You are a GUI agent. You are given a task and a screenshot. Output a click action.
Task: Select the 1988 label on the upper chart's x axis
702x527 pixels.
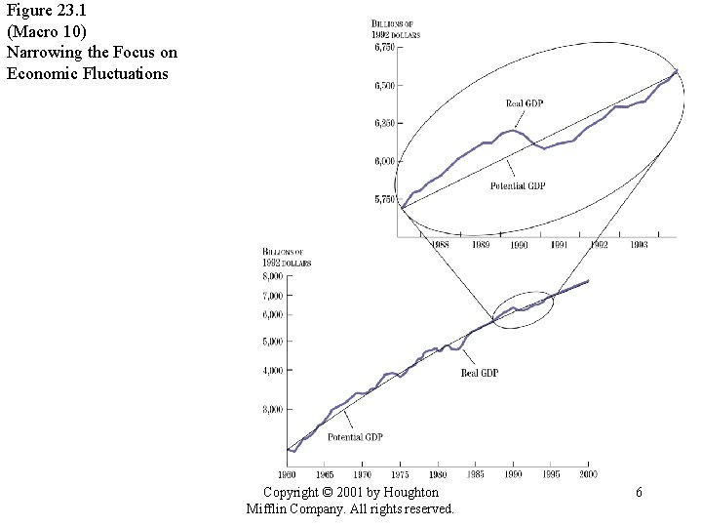coord(439,245)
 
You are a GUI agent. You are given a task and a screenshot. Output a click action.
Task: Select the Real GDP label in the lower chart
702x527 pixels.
coord(479,373)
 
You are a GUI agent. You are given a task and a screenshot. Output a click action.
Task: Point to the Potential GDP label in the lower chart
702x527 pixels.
coord(355,436)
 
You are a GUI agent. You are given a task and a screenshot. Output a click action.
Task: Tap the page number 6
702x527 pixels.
coord(639,493)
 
